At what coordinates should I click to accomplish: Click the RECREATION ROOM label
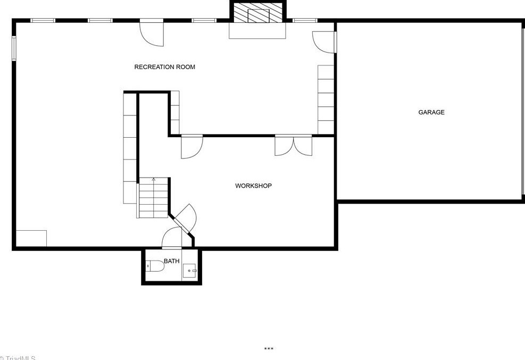(164, 67)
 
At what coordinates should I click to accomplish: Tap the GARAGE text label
(431, 112)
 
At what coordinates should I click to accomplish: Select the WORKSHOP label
(253, 186)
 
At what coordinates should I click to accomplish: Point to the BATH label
(171, 261)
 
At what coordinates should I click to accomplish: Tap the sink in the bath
(190, 271)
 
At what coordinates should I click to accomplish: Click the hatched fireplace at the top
(258, 13)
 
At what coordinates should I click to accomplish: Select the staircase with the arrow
(154, 197)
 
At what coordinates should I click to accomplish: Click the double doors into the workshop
(293, 145)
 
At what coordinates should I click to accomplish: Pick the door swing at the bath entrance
(171, 238)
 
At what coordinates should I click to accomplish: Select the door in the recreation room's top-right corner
(322, 41)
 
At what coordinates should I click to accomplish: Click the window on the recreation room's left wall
(15, 48)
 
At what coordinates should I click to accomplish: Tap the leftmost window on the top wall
(43, 21)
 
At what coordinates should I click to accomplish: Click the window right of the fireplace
(305, 21)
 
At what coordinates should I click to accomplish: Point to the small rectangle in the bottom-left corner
(31, 238)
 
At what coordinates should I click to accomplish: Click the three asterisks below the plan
(269, 349)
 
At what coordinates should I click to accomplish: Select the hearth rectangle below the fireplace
(257, 30)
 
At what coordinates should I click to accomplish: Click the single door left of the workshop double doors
(191, 146)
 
